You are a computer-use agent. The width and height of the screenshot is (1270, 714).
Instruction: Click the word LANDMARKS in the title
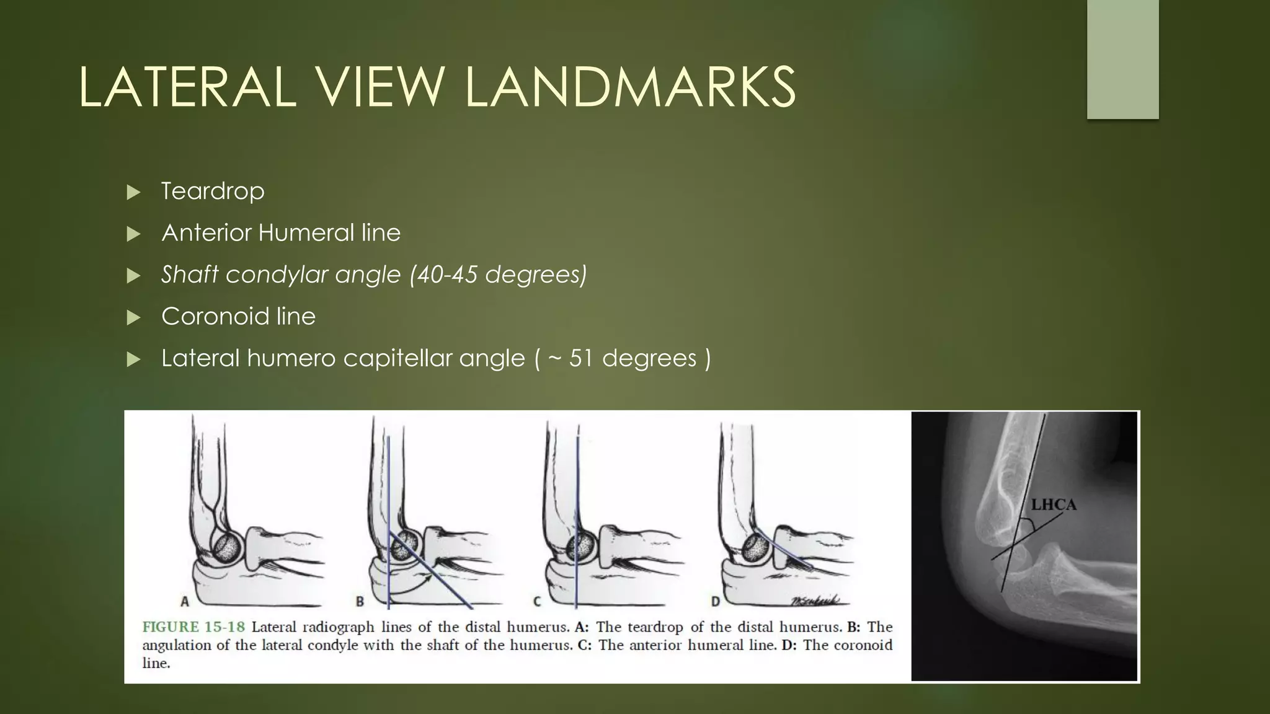(x=629, y=87)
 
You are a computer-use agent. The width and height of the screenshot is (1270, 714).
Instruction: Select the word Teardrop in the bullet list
(x=213, y=191)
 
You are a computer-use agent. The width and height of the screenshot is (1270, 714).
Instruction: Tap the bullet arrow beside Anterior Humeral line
(x=133, y=234)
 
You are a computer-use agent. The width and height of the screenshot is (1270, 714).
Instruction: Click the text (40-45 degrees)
(x=498, y=275)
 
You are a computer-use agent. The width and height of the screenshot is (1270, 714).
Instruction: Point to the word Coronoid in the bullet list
(x=215, y=317)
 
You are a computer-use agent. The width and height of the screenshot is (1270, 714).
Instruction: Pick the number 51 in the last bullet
(x=582, y=358)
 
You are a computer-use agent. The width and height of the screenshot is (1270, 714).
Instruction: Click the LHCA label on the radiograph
(x=1053, y=505)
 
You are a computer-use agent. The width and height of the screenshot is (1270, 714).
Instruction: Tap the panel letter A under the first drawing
(x=184, y=601)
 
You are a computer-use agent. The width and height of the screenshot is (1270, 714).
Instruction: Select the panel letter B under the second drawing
(x=360, y=601)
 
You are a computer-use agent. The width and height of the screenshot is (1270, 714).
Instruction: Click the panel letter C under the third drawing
(x=537, y=601)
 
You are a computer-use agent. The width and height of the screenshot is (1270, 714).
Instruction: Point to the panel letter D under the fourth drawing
(x=715, y=601)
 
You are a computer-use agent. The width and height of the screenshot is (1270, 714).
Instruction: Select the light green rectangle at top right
(x=1122, y=59)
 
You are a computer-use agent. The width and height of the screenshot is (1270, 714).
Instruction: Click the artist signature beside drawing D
(x=815, y=600)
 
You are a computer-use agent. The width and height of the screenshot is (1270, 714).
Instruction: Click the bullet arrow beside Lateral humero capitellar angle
(x=133, y=359)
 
